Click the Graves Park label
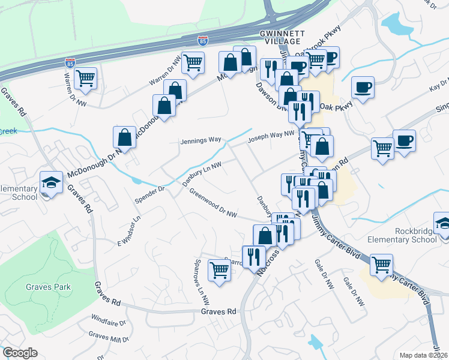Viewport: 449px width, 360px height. pos(48,287)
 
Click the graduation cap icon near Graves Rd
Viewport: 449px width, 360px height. pos(52,182)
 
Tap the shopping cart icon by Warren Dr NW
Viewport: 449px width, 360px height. pos(86,78)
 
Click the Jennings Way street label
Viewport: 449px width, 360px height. pos(201,140)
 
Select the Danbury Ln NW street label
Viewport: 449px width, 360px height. pos(202,173)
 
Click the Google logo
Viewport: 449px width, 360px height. pos(20,353)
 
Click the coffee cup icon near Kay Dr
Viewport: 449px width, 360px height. pos(363,87)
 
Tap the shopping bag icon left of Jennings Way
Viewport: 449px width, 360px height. pos(124,137)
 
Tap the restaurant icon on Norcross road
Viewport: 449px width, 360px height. pos(253,257)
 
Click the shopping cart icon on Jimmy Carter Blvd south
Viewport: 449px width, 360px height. pos(381,265)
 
